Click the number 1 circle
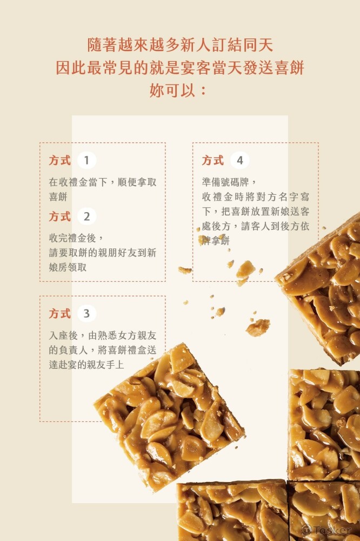pyautogui.click(x=86, y=160)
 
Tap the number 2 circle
pyautogui.click(x=86, y=216)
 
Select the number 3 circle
pyautogui.click(x=86, y=313)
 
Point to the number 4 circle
pyautogui.click(x=239, y=160)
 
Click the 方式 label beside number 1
pyautogui.click(x=59, y=160)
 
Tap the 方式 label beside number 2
pyautogui.click(x=59, y=216)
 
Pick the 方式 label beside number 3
pyautogui.click(x=59, y=313)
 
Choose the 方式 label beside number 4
pyautogui.click(x=213, y=160)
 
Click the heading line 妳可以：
pyautogui.click(x=178, y=90)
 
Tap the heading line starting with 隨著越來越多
pyautogui.click(x=180, y=45)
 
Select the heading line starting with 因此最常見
pyautogui.click(x=180, y=68)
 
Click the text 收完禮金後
pyautogui.click(x=76, y=237)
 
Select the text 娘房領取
pyautogui.click(x=68, y=267)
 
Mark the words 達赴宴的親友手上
pyautogui.click(x=86, y=365)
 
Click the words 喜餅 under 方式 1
pyautogui.click(x=58, y=197)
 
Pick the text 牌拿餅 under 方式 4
pyautogui.click(x=216, y=241)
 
